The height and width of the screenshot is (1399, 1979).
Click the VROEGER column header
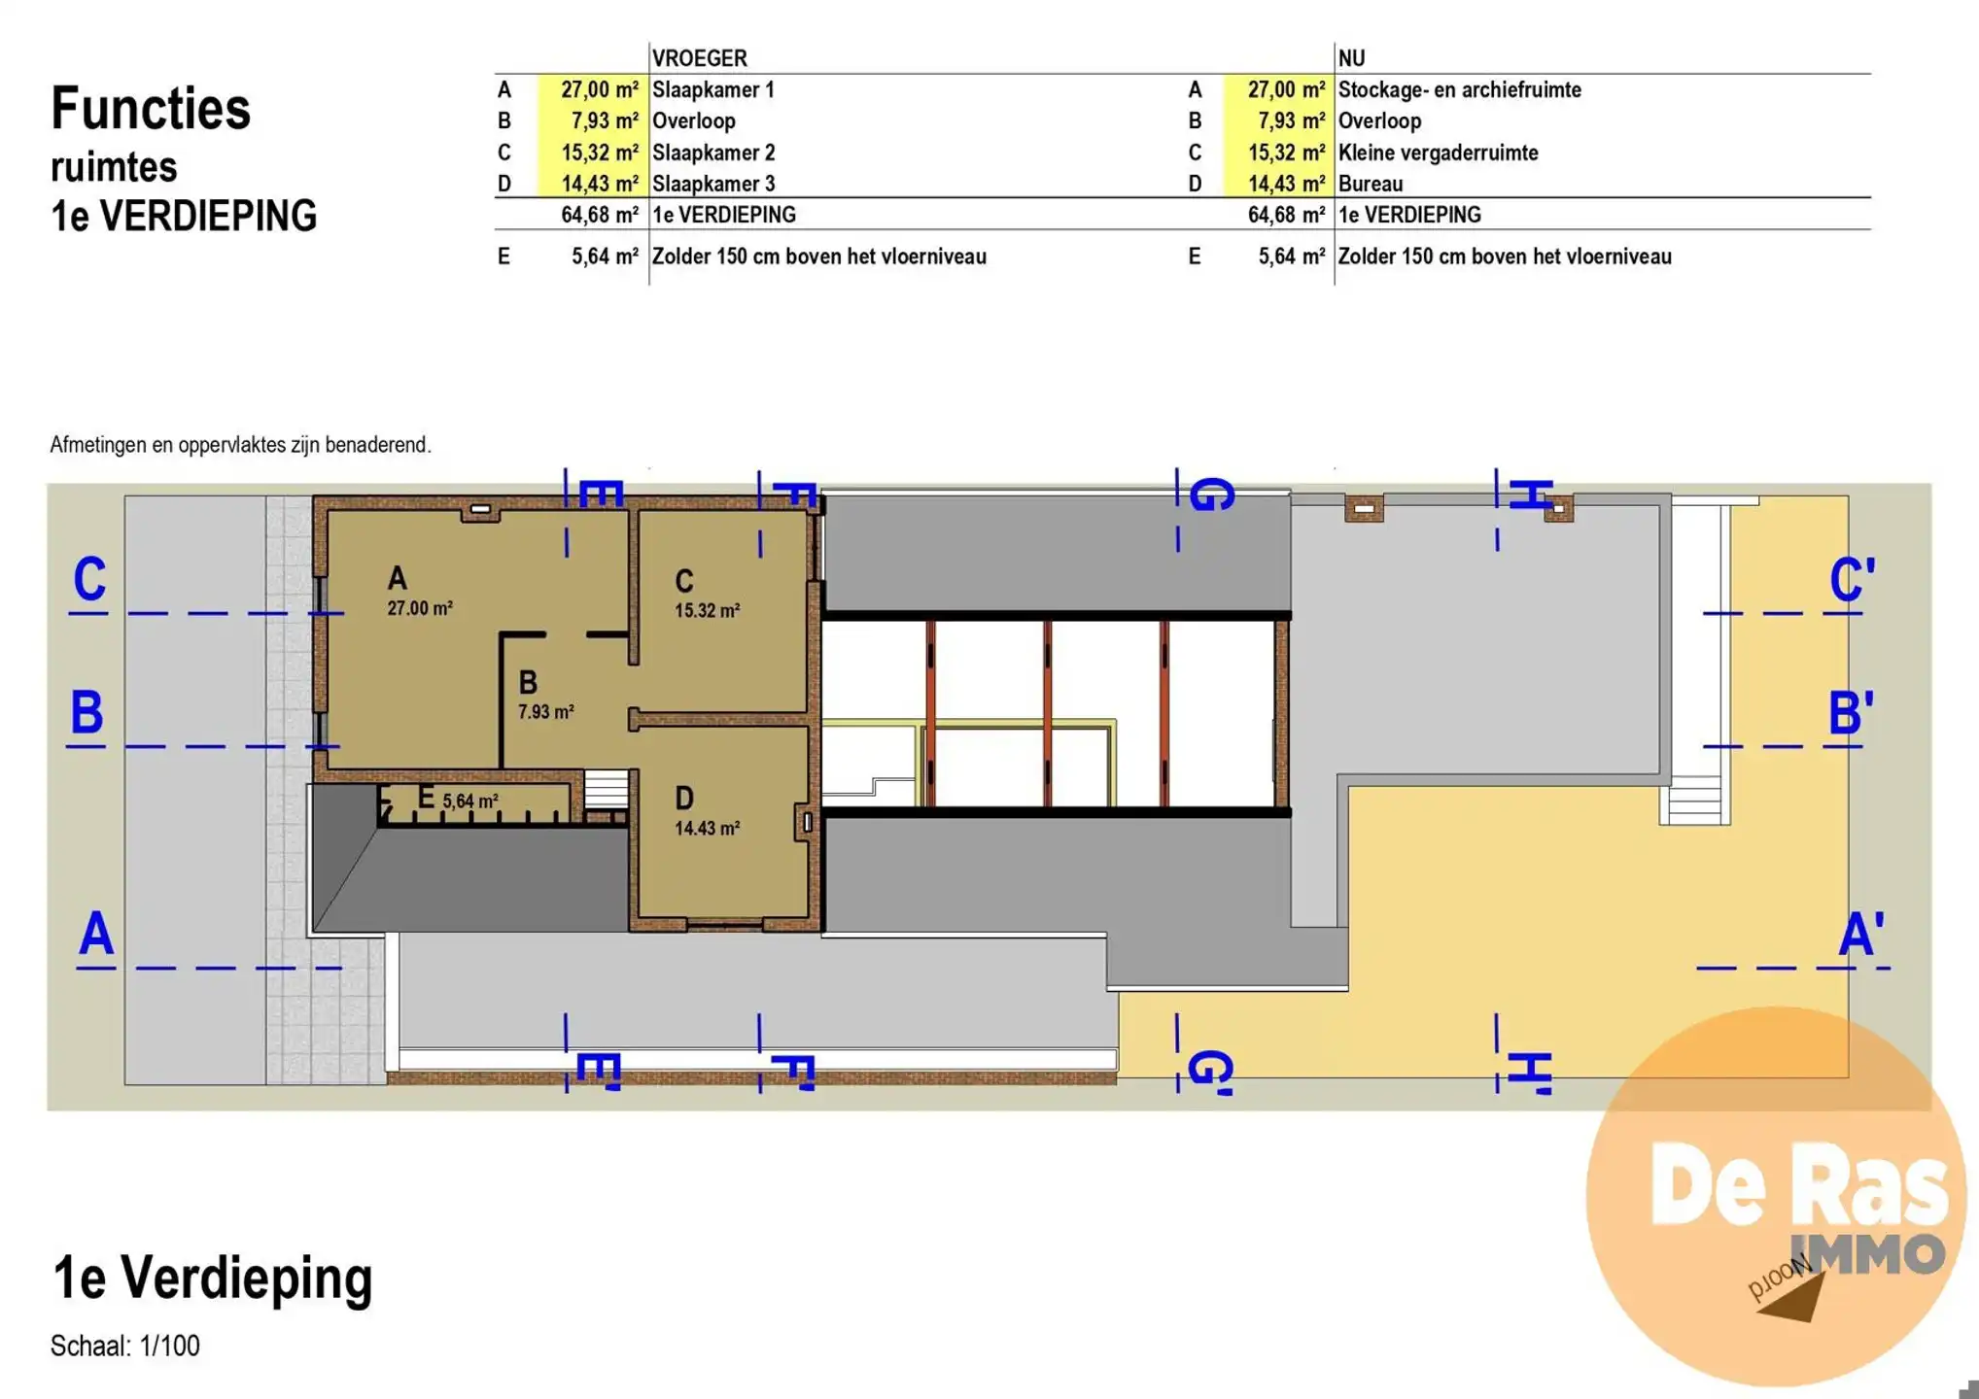coord(699,58)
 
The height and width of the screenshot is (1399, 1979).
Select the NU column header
coord(1351,58)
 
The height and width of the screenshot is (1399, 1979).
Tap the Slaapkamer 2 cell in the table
coord(713,153)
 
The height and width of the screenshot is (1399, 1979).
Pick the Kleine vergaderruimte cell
coord(1438,153)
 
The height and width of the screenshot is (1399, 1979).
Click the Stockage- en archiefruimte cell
coord(1459,89)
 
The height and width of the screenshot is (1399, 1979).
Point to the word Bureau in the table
coord(1371,184)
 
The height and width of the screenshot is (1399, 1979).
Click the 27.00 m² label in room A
coord(420,608)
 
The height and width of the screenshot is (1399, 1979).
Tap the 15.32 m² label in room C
coord(707,611)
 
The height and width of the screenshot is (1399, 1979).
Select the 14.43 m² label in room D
coord(707,829)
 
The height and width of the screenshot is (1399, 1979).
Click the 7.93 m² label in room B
coord(545,712)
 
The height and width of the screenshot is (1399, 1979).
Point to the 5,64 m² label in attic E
coord(470,802)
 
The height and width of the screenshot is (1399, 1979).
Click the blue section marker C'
coord(1851,581)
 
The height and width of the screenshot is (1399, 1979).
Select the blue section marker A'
coord(1860,935)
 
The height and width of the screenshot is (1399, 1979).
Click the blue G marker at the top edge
coord(1211,495)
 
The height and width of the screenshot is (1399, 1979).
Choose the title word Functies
coord(151,108)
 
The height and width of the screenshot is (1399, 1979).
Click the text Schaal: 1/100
coord(125,1346)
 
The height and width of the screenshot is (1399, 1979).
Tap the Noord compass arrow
coord(1791,1298)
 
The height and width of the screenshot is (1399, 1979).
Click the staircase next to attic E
coord(606,789)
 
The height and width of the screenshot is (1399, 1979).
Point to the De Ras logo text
coord(1798,1186)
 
